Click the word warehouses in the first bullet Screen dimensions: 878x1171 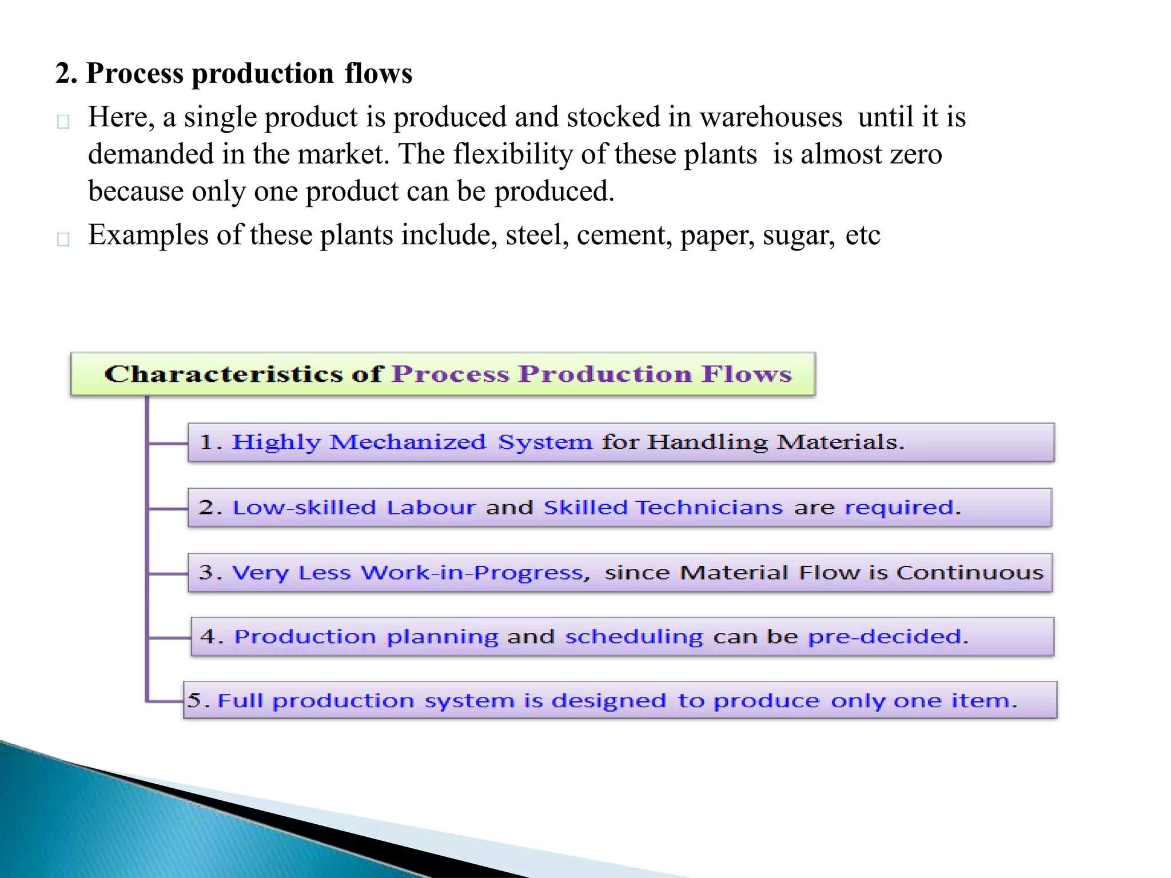point(771,117)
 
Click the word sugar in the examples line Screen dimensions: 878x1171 point(799,236)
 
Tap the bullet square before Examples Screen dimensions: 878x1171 point(63,239)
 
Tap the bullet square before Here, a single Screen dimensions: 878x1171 point(63,121)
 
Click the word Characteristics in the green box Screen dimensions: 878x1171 point(224,374)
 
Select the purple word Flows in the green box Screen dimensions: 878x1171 point(746,374)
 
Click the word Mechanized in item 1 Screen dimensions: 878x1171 point(408,442)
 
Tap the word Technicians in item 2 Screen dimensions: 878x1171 point(709,508)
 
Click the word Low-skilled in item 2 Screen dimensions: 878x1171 point(304,508)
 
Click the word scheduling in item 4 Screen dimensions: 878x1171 point(634,637)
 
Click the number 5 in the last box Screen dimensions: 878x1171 point(194,701)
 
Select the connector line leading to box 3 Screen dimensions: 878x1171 point(168,573)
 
